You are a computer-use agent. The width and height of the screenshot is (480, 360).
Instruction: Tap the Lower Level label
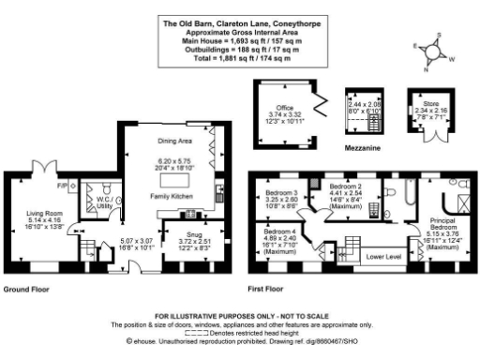pyautogui.click(x=384, y=254)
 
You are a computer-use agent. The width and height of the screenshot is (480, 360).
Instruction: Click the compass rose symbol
pyautogui.click(x=437, y=53)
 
